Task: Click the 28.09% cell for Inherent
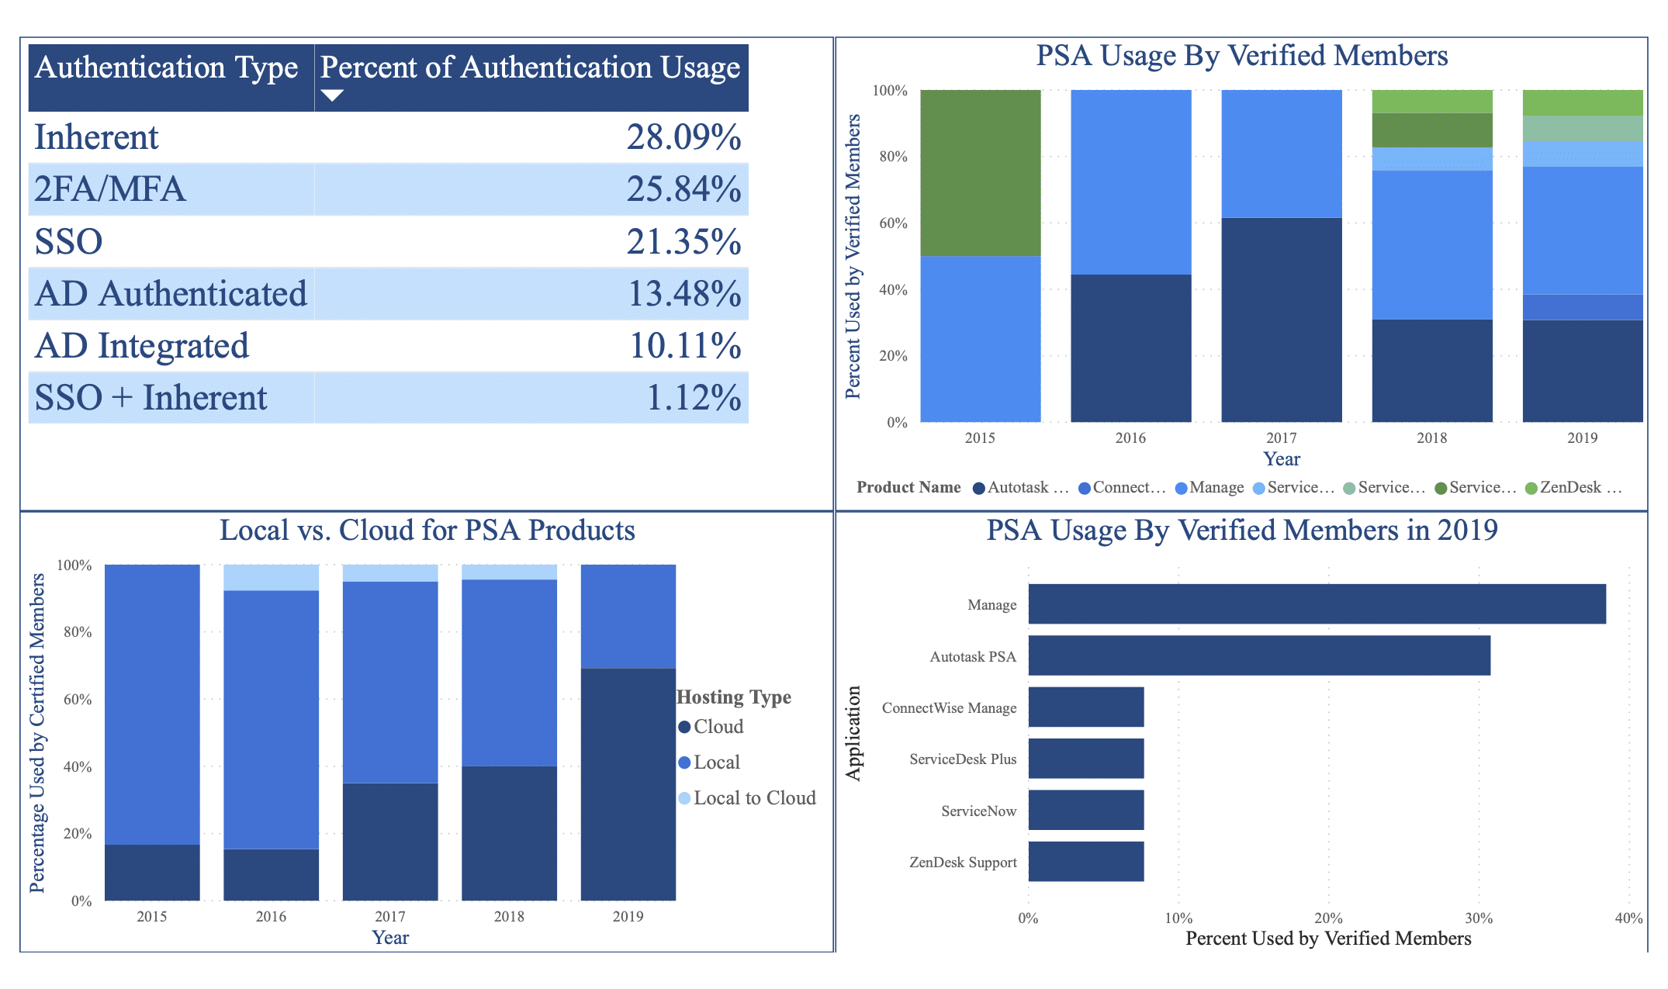(683, 137)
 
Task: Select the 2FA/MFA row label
(110, 189)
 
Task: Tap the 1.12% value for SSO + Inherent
(693, 398)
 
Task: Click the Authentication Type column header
(167, 68)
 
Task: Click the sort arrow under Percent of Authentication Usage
(332, 95)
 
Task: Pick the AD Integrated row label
(142, 346)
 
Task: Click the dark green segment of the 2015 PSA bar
(980, 172)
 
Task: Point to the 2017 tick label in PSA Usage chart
(1281, 438)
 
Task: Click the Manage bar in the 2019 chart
(1317, 604)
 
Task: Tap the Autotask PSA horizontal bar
(1258, 656)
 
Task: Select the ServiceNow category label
(978, 811)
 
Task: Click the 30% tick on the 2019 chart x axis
(1478, 918)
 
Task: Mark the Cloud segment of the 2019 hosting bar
(628, 783)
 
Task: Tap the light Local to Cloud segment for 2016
(271, 578)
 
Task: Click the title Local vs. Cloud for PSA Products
(427, 531)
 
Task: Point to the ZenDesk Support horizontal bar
(1085, 862)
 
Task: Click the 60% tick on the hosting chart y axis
(78, 700)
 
